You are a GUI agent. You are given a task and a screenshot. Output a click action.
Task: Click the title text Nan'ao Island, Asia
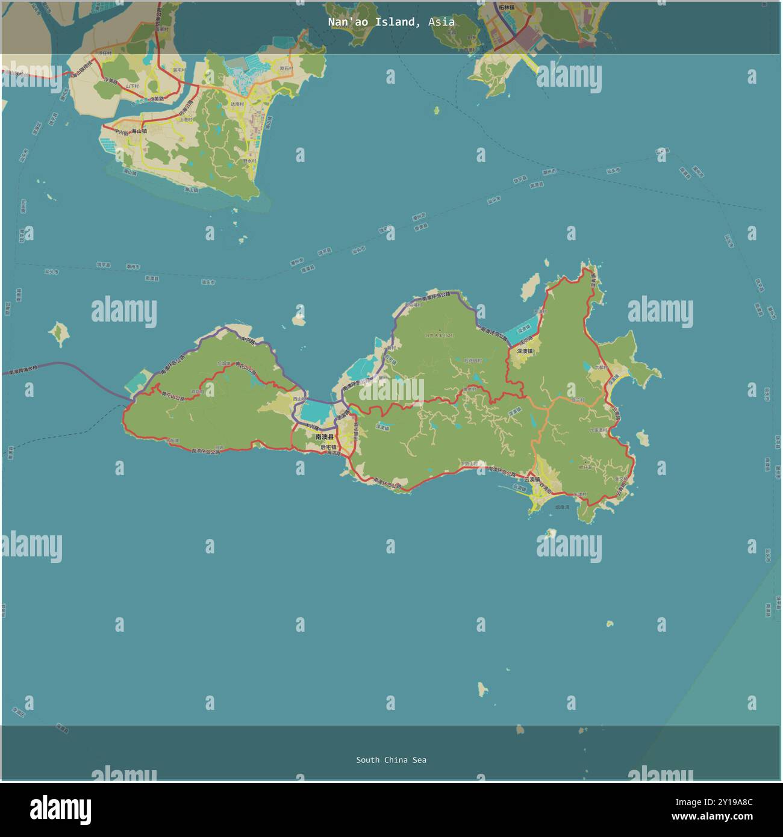pyautogui.click(x=391, y=22)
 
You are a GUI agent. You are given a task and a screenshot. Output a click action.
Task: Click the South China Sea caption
pyautogui.click(x=391, y=760)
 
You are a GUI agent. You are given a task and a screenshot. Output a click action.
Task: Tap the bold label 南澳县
pyautogui.click(x=323, y=436)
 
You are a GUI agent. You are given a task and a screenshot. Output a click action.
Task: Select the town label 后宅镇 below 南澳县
pyautogui.click(x=328, y=447)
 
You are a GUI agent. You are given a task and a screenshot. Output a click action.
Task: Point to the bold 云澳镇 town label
pyautogui.click(x=532, y=479)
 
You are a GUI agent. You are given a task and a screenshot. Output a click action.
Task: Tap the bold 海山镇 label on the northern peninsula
pyautogui.click(x=139, y=131)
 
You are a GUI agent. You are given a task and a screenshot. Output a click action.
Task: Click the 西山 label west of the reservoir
pyautogui.click(x=298, y=399)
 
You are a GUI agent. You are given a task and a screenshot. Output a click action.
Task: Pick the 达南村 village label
pyautogui.click(x=238, y=104)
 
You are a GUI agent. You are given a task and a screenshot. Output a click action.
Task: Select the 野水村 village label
pyautogui.click(x=249, y=161)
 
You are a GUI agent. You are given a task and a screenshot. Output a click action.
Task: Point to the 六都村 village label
pyautogui.click(x=601, y=366)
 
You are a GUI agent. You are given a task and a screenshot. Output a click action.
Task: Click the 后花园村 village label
pyautogui.click(x=473, y=360)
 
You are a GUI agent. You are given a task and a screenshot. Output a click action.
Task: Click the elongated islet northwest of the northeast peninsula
pyautogui.click(x=531, y=286)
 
